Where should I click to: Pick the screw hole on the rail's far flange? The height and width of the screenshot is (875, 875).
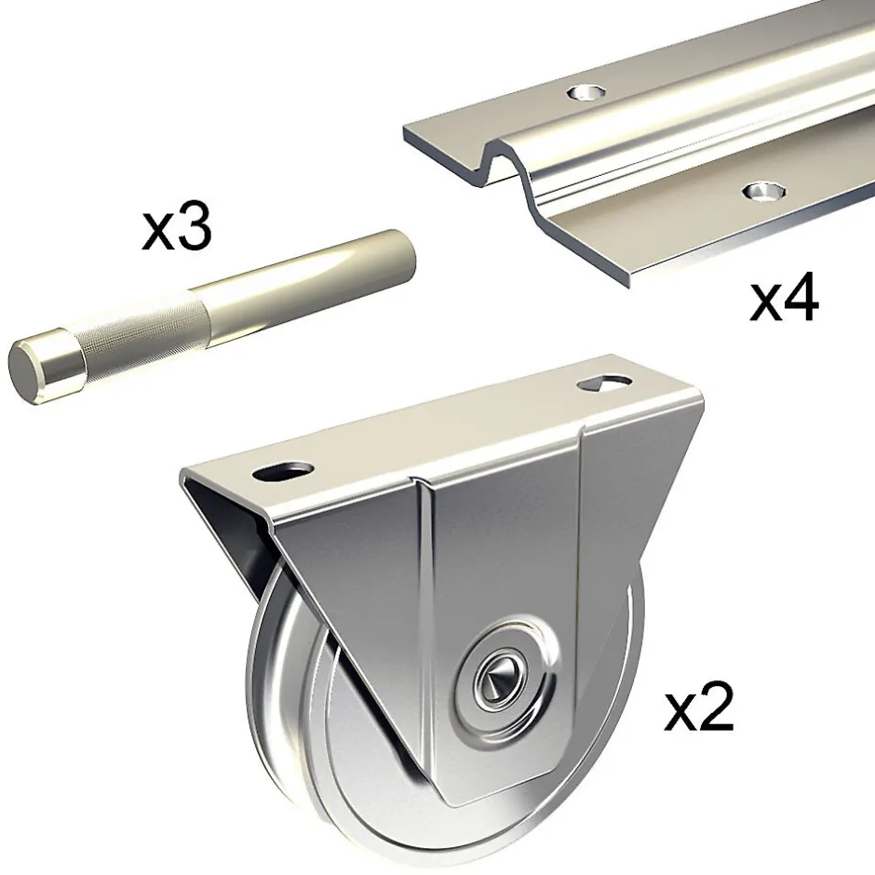click(586, 92)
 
